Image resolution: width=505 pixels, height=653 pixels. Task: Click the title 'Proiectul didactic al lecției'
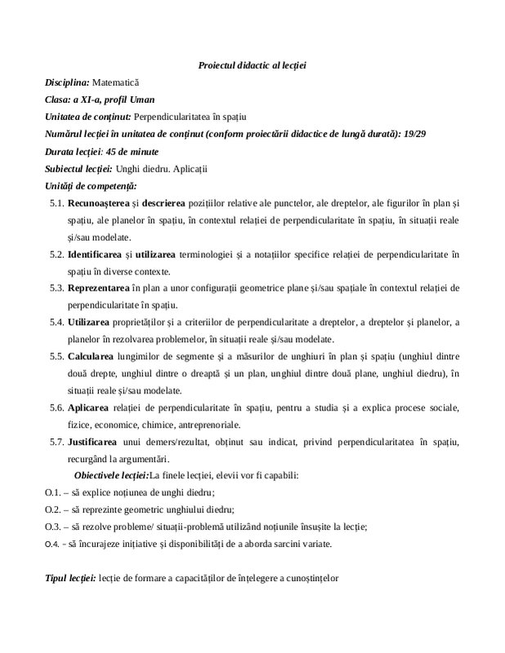tap(252, 64)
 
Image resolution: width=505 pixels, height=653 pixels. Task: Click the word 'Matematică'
tap(116, 82)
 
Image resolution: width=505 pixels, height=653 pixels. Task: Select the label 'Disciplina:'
tap(67, 82)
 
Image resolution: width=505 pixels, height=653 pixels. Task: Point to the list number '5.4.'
tap(56, 322)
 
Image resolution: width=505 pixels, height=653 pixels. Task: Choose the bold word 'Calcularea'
tap(92, 357)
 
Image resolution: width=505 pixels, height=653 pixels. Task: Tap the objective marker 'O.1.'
tap(53, 493)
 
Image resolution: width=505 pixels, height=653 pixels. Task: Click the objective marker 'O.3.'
tap(53, 526)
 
